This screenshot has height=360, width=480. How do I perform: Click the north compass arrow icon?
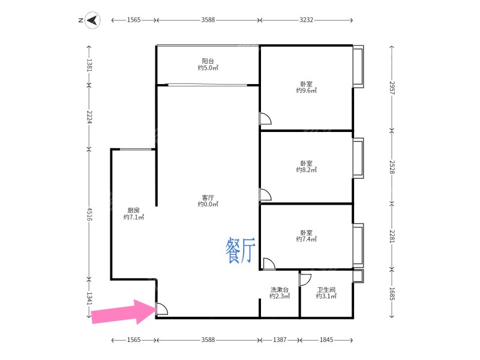pyautogui.click(x=92, y=20)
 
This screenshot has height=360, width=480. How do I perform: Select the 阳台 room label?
pyautogui.click(x=208, y=61)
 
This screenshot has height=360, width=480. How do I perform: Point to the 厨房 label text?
pyautogui.click(x=133, y=210)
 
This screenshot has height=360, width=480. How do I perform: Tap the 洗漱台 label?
pyautogui.click(x=280, y=290)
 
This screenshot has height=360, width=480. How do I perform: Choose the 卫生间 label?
pyautogui.click(x=326, y=290)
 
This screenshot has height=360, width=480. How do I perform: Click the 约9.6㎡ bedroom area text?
pyautogui.click(x=306, y=91)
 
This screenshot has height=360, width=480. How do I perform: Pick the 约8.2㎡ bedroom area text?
pyautogui.click(x=306, y=170)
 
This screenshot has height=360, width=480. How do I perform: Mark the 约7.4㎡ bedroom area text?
pyautogui.click(x=306, y=239)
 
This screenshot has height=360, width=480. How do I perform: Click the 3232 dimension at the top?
pyautogui.click(x=306, y=20)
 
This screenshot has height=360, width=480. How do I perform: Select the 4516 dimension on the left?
pyautogui.click(x=89, y=214)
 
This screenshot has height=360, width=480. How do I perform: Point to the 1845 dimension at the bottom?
pyautogui.click(x=326, y=340)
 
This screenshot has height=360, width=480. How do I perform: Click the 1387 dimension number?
pyautogui.click(x=280, y=340)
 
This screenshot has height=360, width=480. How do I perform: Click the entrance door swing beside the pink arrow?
pyautogui.click(x=162, y=310)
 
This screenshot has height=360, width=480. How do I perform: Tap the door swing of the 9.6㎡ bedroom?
pyautogui.click(x=265, y=118)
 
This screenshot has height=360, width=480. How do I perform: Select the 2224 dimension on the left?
pyautogui.click(x=89, y=117)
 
